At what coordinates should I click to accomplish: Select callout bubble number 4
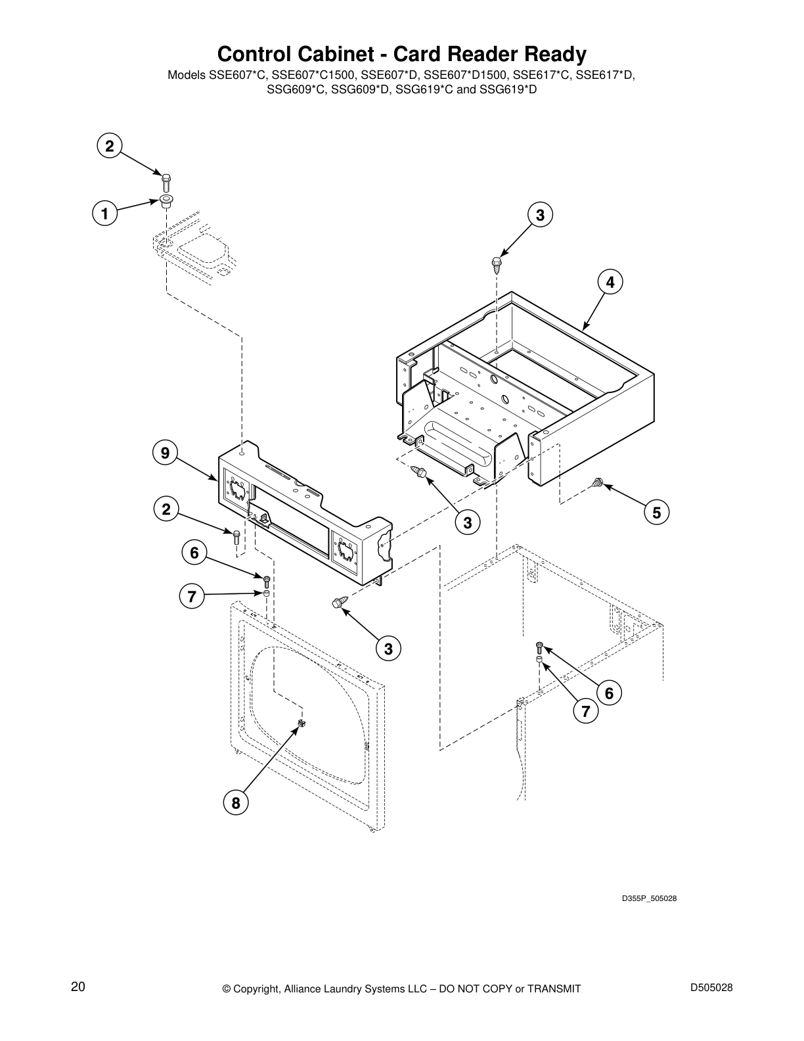(x=610, y=283)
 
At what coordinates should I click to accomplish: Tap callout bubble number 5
(x=656, y=511)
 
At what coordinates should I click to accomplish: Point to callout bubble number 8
(x=235, y=802)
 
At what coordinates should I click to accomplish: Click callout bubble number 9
(x=166, y=453)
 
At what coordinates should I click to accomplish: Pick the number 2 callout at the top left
(x=110, y=146)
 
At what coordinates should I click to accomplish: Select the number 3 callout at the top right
(x=540, y=215)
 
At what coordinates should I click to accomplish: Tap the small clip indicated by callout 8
(x=303, y=723)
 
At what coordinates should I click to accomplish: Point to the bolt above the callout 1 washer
(x=166, y=179)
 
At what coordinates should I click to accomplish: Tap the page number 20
(x=78, y=987)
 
